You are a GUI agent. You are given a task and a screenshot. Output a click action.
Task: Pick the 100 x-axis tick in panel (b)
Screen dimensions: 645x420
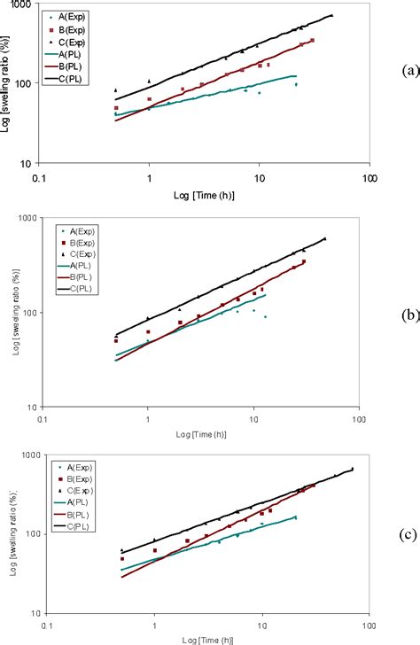(x=358, y=418)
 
